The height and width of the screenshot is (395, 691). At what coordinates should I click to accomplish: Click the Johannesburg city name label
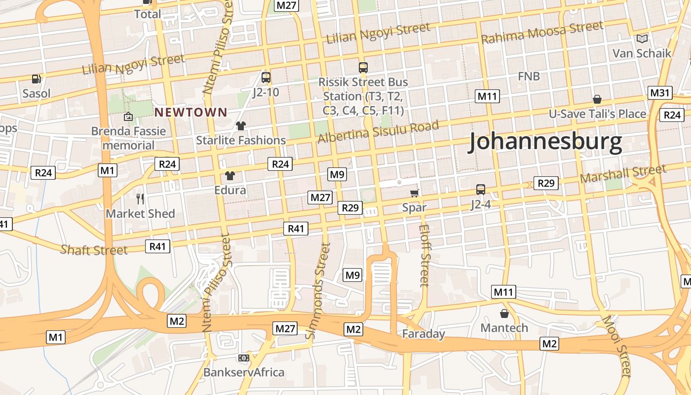545,142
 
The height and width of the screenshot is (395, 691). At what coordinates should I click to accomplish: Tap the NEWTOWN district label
191,113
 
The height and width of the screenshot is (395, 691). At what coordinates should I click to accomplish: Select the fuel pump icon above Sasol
36,79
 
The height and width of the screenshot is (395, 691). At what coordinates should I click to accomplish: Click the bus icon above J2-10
266,77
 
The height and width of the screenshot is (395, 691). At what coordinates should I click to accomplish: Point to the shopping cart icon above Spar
415,193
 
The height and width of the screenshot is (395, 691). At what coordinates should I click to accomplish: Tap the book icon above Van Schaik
642,39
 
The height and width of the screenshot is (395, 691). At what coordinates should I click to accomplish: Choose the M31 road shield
659,93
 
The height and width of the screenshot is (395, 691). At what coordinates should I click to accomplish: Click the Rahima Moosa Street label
542,33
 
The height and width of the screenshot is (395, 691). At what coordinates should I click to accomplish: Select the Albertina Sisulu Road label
378,131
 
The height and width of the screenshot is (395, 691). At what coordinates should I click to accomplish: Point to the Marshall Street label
623,174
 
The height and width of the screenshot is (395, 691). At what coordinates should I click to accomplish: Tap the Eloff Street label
424,255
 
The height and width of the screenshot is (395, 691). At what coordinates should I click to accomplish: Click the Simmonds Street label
318,291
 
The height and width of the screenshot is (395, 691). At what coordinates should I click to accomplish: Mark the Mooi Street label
616,346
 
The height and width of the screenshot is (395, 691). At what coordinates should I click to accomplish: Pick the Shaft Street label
94,250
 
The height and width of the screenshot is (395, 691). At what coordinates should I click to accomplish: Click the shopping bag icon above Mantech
504,314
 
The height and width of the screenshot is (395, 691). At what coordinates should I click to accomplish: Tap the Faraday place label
423,334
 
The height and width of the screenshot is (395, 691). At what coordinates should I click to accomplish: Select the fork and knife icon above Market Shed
141,198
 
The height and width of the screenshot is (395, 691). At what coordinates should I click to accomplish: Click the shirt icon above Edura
230,175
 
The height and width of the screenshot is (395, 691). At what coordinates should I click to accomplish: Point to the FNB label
529,77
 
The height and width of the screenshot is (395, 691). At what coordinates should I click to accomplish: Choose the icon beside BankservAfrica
244,358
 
